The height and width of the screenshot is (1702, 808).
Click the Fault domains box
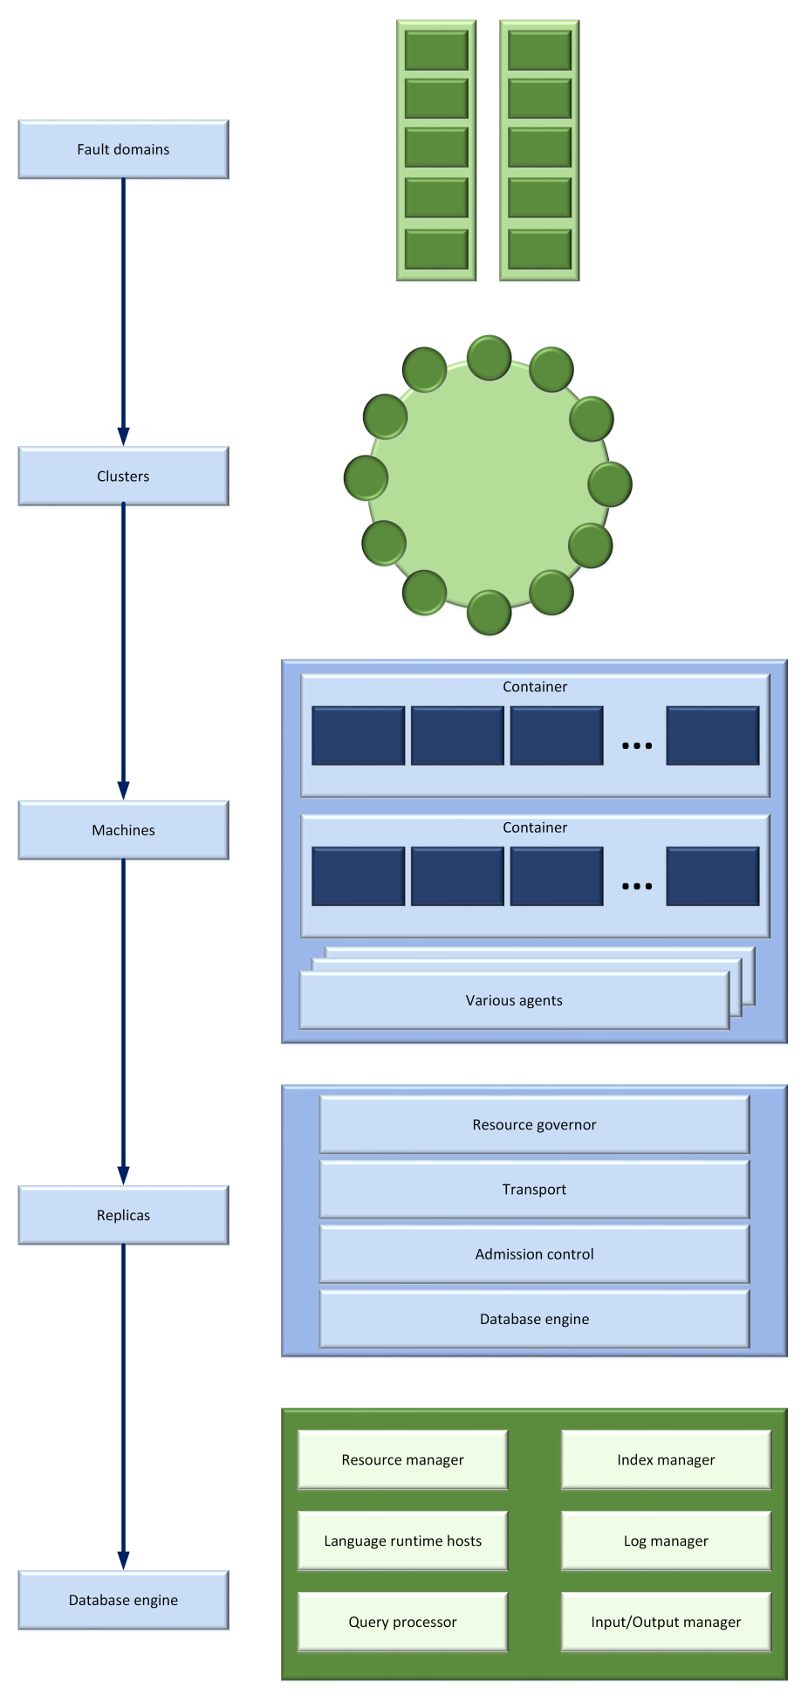point(123,149)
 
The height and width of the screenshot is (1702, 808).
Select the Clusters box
point(123,477)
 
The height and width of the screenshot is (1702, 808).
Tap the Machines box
point(123,830)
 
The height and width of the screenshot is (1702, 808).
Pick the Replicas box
point(123,1215)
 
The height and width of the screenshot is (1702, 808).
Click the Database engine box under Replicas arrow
point(123,1600)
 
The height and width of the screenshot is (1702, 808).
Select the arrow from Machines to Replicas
point(123,1021)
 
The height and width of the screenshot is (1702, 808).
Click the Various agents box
point(514,1000)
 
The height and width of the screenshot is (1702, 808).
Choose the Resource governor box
point(534,1125)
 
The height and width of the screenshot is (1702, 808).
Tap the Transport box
point(534,1190)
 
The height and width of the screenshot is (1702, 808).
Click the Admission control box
point(534,1254)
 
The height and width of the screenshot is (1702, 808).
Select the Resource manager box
point(402,1459)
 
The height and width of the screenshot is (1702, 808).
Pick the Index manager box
point(666,1459)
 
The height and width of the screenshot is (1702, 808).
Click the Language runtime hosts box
point(402,1541)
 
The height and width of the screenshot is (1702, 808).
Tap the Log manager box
point(666,1541)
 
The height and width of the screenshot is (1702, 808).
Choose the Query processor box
point(402,1622)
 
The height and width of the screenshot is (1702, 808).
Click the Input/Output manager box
point(666,1622)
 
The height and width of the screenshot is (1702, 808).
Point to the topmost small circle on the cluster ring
point(489,358)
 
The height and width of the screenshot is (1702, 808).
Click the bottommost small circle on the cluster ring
point(489,612)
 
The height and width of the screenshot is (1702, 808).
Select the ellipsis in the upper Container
point(637,745)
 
